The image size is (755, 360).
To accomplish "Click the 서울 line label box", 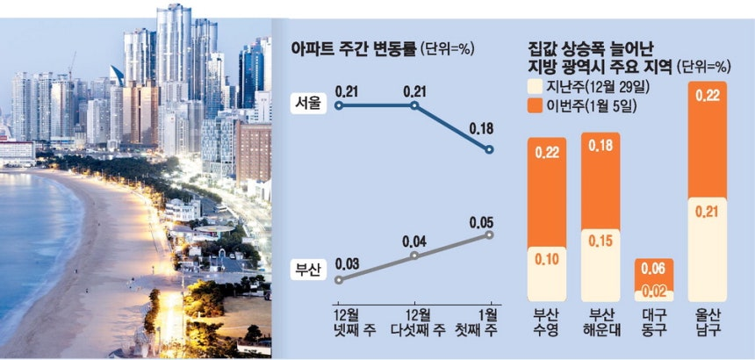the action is tap(306, 104).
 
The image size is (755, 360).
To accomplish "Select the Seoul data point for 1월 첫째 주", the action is tap(490, 149).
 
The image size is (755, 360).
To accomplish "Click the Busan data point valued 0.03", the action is tap(339, 279).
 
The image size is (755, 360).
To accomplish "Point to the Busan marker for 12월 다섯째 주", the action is tap(414, 256).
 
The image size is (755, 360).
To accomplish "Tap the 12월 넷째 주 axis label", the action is tap(347, 323).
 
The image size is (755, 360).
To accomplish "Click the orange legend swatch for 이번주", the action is tap(535, 105).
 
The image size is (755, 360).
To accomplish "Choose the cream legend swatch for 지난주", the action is tap(535, 87).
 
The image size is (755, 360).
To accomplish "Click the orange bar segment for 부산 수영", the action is tap(547, 192).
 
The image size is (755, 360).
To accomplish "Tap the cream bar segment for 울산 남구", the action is tap(707, 249).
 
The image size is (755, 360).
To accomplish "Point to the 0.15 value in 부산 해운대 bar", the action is tap(600, 241).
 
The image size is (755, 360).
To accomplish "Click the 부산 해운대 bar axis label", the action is tap(600, 323).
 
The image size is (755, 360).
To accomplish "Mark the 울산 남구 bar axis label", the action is tap(707, 323).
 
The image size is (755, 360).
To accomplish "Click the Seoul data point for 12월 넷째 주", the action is tap(339, 104).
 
